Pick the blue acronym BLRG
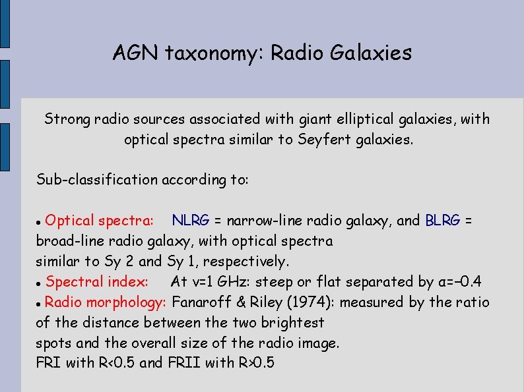pos(443,220)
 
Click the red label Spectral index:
pos(97,282)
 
